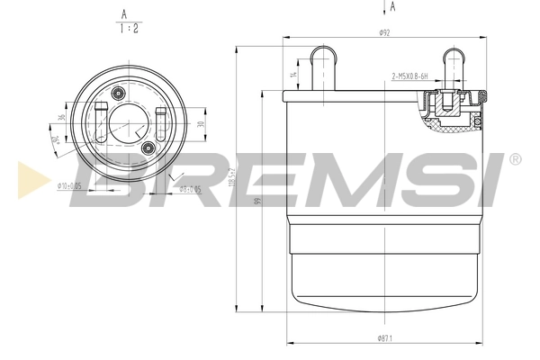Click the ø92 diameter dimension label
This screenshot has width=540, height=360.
coord(383,33)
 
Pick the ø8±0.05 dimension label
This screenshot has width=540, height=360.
coord(188,189)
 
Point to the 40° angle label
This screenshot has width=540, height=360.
coord(53,140)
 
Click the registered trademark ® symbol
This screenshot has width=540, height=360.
coord(515,159)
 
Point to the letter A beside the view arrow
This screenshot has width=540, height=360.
coord(393,7)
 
